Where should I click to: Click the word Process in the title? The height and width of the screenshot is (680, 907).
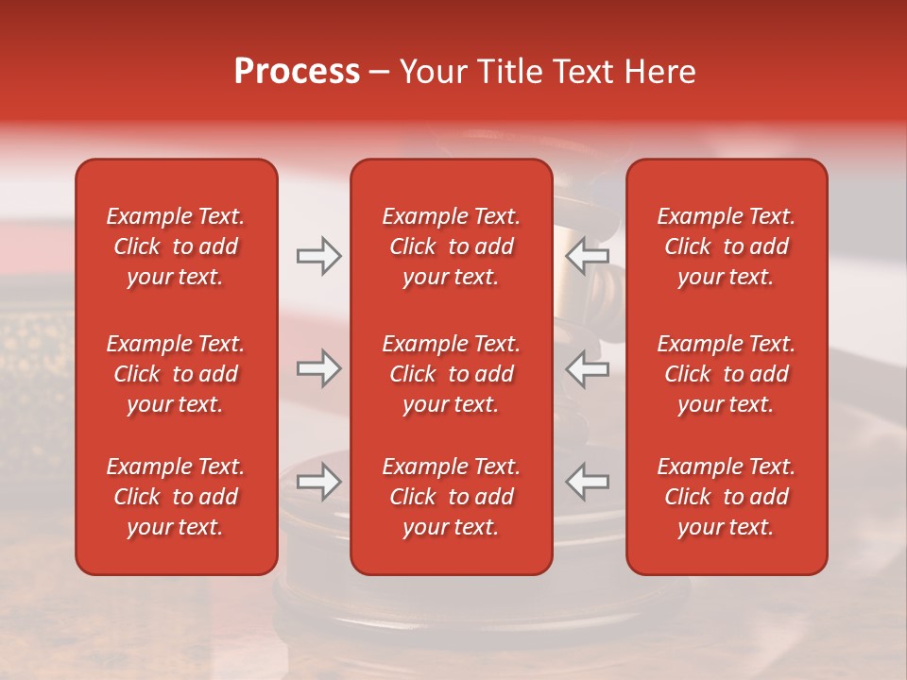297,72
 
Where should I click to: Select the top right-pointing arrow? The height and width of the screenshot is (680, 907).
318,256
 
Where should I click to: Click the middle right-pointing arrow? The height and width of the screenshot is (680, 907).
318,368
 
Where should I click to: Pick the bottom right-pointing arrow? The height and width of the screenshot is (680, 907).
318,481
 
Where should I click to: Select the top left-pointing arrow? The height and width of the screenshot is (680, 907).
588,256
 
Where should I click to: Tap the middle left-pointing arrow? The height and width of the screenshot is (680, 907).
588,368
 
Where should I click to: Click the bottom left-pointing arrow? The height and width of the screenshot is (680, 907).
588,481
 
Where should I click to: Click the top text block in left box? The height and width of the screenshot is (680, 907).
176,246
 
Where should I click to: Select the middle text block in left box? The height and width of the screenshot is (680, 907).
176,374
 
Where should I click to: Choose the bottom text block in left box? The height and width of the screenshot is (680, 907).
176,497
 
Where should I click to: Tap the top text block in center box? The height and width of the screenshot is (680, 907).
452,246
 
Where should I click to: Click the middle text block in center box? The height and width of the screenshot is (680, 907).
452,374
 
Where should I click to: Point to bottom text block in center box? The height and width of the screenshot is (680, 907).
452,497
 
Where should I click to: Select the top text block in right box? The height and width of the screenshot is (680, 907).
727,246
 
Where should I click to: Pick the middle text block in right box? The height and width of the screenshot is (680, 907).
727,374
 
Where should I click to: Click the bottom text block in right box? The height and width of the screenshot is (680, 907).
727,497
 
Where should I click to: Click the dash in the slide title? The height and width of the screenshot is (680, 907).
380,73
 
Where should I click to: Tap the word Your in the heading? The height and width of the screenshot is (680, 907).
432,72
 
